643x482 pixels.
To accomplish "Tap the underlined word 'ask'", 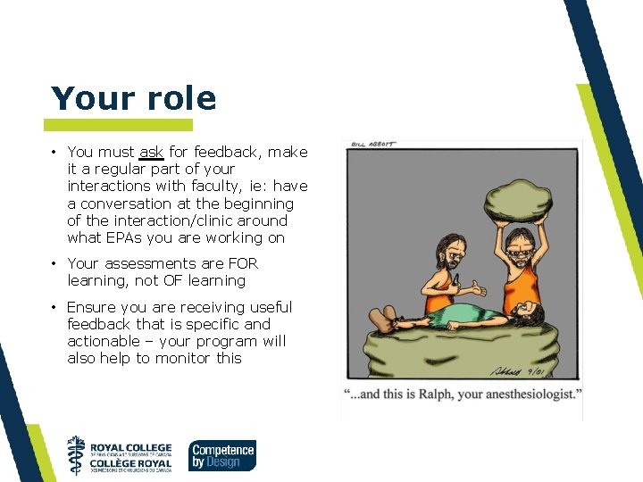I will coord(151,153).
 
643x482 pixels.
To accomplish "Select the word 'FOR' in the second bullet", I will coord(242,263).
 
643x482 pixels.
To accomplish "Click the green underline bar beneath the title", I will coord(118,125).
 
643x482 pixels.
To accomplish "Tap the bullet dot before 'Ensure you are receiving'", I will coord(54,307).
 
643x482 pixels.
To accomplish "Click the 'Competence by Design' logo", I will coord(222,455).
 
